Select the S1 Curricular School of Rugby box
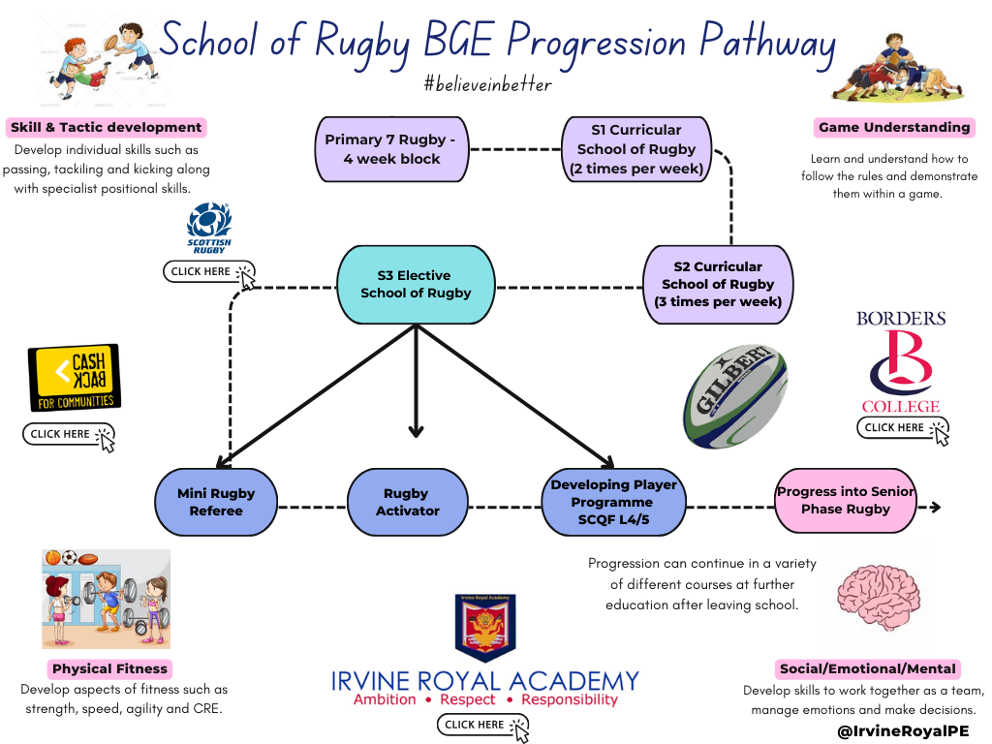(636, 149)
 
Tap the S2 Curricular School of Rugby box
(718, 284)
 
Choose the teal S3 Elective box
(416, 284)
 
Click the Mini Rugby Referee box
(216, 502)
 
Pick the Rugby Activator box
(408, 502)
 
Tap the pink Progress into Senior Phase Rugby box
(846, 500)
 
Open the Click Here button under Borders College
(902, 428)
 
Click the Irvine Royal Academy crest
(484, 629)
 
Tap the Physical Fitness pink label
(109, 668)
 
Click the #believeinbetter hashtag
(487, 84)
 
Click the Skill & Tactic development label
(107, 127)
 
